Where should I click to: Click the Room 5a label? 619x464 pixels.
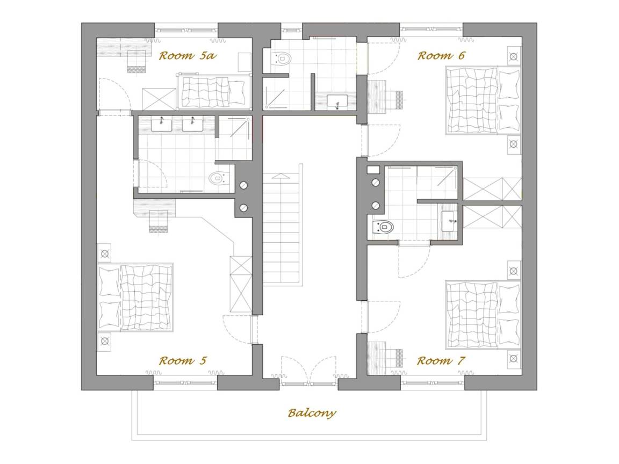188,56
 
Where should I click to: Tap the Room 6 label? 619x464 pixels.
441,56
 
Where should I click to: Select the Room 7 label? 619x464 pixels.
441,361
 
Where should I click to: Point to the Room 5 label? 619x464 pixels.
183,361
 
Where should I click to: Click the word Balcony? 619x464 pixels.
312,413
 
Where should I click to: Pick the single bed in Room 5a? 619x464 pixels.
213,92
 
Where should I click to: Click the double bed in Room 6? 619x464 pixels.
483,100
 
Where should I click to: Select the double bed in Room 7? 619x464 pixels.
483,315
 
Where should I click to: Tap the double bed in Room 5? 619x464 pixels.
135,297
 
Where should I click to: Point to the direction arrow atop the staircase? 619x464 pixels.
280,176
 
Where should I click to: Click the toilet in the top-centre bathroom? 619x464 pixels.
282,59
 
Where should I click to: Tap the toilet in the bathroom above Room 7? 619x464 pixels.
383,227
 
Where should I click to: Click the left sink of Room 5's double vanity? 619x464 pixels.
161,124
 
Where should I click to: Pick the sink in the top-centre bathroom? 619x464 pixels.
337,102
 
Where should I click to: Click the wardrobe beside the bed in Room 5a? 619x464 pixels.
159,99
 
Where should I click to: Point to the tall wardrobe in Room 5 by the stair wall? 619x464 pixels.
241,284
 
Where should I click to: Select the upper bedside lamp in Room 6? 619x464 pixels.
514,56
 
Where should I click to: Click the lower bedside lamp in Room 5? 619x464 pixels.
105,341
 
